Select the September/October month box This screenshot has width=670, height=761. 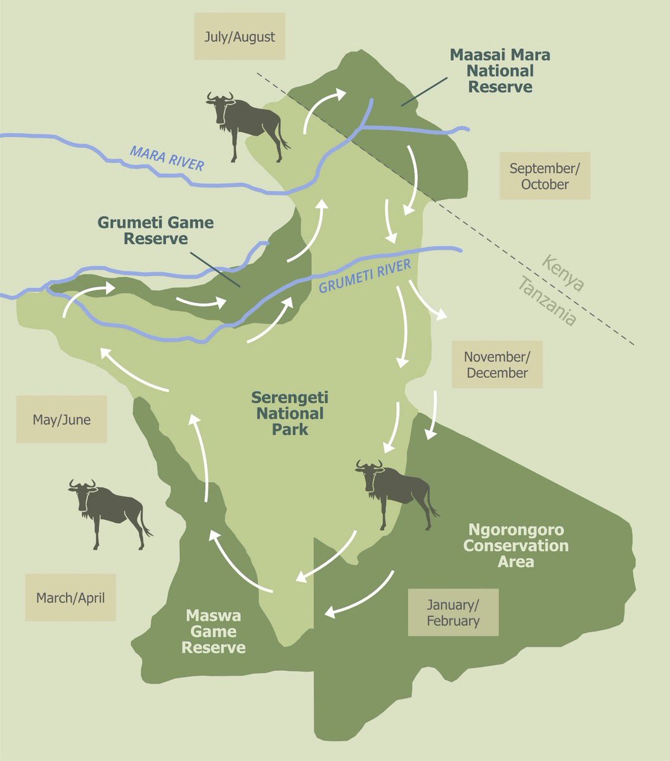point(544,176)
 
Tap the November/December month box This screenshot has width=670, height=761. point(497,365)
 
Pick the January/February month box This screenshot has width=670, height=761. point(453,613)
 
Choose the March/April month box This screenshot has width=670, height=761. point(70,597)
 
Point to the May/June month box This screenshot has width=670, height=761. point(61,420)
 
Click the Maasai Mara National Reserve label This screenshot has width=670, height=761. point(500,70)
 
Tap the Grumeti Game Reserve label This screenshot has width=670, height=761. point(155,231)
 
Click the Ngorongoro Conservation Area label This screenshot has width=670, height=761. point(516,545)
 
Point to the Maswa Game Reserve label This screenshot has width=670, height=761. point(214,632)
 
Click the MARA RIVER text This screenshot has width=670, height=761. point(167,158)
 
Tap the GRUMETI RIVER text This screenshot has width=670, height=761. point(364,276)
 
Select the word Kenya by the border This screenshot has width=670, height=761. point(564,273)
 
